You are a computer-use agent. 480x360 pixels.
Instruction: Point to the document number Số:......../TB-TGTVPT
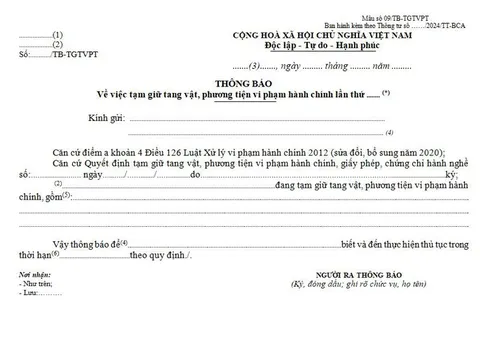49,56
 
